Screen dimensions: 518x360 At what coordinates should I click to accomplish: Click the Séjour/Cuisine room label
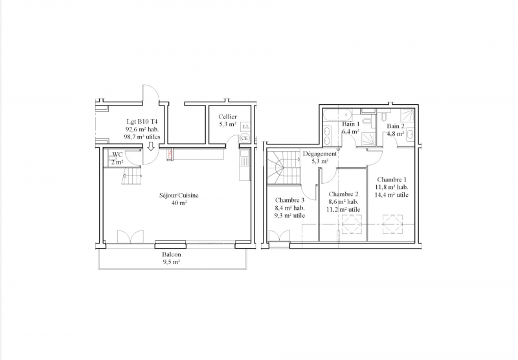click(x=179, y=195)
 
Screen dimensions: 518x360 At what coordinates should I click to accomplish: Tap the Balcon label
click(x=172, y=254)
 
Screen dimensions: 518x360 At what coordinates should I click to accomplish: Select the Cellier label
click(x=228, y=117)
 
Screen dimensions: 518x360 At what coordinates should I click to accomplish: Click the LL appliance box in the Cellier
click(x=245, y=126)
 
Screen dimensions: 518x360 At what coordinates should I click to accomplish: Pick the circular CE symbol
click(x=245, y=138)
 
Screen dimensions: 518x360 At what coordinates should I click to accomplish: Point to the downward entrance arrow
click(x=151, y=146)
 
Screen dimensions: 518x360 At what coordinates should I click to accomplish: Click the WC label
click(x=118, y=155)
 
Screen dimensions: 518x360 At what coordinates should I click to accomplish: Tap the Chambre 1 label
click(x=392, y=179)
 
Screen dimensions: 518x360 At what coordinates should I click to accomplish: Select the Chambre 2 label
click(x=344, y=194)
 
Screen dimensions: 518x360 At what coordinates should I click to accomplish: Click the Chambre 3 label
click(x=289, y=200)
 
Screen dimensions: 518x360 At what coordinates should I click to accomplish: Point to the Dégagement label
click(x=320, y=154)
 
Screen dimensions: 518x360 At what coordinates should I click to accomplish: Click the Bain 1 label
click(x=350, y=124)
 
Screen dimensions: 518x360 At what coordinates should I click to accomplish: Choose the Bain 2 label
click(x=396, y=126)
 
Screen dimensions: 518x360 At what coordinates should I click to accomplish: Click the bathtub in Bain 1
click(x=337, y=115)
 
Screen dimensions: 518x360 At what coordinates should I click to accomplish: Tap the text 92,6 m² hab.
click(x=142, y=129)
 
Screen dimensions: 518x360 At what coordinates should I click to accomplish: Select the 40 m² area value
click(x=179, y=203)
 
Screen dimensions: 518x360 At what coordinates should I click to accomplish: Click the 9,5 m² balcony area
click(x=172, y=262)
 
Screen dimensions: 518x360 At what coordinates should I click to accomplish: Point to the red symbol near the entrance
click(x=170, y=153)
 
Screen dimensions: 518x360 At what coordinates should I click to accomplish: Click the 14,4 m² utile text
click(x=392, y=195)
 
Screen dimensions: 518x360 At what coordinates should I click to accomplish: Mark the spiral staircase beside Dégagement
click(x=284, y=167)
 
